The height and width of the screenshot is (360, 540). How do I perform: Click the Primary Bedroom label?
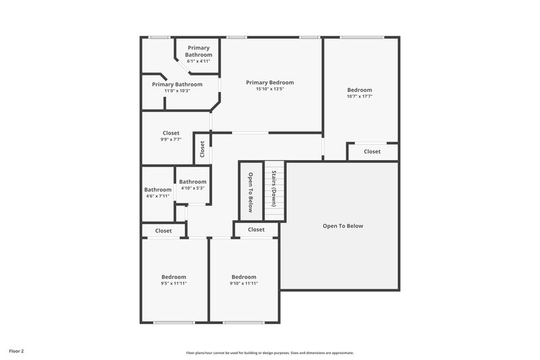269,82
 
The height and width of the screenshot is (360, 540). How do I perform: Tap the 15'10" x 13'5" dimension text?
269,89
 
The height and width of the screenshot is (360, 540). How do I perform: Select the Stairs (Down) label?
273,188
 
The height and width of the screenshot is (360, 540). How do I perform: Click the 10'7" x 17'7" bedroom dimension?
359,97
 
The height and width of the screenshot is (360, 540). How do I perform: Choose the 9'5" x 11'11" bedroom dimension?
173,284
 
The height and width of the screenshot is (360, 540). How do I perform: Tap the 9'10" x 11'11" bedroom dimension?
244,284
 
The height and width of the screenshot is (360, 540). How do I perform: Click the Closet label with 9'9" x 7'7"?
171,133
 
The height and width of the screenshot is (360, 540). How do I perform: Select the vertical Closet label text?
202,149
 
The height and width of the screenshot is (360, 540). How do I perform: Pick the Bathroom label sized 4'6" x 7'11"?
158,190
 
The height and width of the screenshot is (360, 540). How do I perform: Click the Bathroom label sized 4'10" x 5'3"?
192,182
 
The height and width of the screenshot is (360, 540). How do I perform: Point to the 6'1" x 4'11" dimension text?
198,61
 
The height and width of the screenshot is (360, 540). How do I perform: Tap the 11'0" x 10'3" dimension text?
177,91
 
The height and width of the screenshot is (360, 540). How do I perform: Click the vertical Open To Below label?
250,192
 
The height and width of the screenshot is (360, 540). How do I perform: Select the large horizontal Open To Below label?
342,226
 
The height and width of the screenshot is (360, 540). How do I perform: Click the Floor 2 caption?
17,351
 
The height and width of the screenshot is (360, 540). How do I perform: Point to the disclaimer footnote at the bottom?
269,353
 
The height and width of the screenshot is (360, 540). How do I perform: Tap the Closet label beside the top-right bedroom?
372,151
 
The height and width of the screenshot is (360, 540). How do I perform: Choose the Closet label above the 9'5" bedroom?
163,230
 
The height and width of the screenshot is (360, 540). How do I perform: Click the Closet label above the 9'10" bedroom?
256,230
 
